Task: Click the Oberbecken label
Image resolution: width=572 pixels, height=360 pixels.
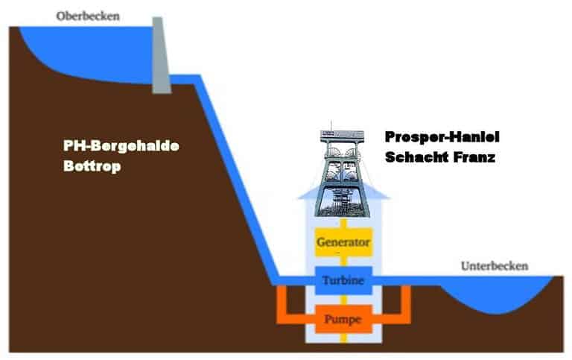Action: click(88, 16)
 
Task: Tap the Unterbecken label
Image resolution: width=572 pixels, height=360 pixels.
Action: click(495, 266)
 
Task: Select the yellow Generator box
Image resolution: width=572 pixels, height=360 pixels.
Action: click(343, 242)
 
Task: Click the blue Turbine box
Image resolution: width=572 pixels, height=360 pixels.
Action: click(343, 280)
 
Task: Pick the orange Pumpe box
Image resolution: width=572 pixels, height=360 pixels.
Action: click(343, 319)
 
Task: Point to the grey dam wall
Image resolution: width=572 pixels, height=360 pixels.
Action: click(161, 54)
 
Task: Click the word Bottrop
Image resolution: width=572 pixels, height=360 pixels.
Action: click(92, 166)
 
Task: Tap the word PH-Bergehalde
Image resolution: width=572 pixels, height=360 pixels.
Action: click(121, 146)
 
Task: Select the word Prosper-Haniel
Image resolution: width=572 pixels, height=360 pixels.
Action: click(442, 137)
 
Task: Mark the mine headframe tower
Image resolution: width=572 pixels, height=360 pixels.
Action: click(342, 171)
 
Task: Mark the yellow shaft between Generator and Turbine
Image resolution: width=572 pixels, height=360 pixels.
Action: click(343, 262)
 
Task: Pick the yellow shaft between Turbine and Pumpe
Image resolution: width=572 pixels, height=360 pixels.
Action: click(343, 300)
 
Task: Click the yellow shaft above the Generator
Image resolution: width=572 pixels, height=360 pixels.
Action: click(343, 223)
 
